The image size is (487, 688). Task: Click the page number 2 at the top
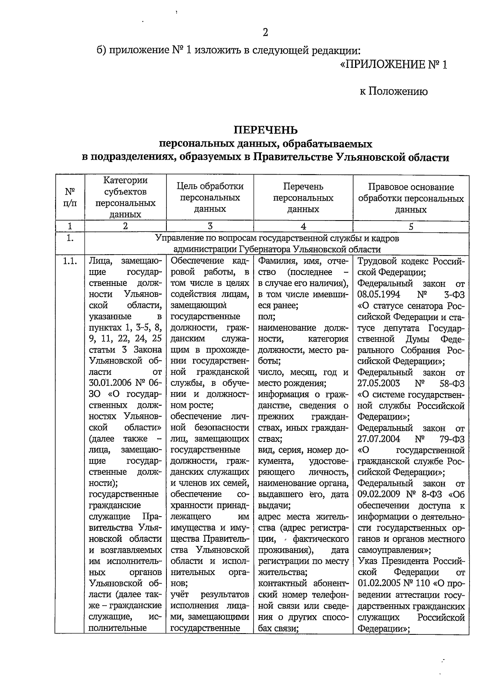click(265, 32)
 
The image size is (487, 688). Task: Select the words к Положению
click(393, 91)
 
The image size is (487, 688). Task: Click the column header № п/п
click(70, 197)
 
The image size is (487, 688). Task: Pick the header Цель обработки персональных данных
click(210, 197)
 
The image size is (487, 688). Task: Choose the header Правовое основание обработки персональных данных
click(411, 198)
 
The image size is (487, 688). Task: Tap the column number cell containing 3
click(210, 226)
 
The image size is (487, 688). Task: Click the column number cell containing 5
click(411, 227)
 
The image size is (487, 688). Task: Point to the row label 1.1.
click(70, 261)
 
